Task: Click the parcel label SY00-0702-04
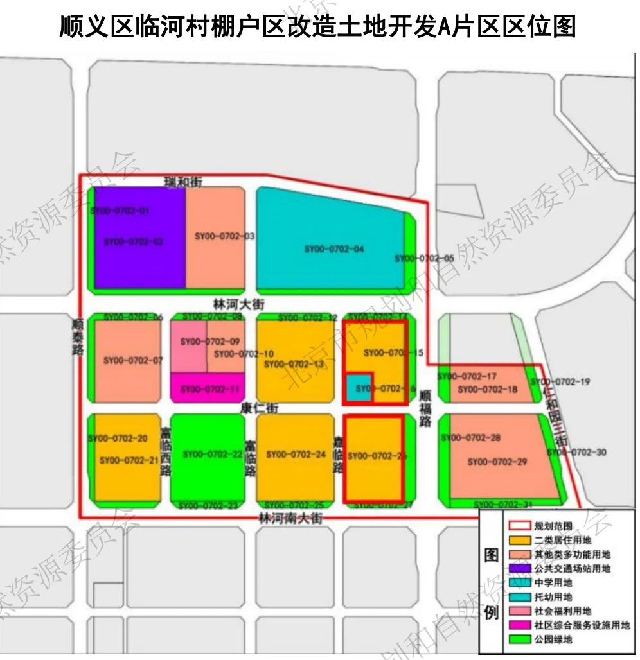334,248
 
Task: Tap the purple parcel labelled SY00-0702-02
134,241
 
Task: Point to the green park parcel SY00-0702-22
212,455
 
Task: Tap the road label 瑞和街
182,182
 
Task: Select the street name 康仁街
254,408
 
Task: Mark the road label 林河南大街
290,517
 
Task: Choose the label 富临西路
166,453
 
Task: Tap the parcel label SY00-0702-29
497,462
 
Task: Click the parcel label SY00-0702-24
296,455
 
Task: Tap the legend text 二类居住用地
562,540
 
